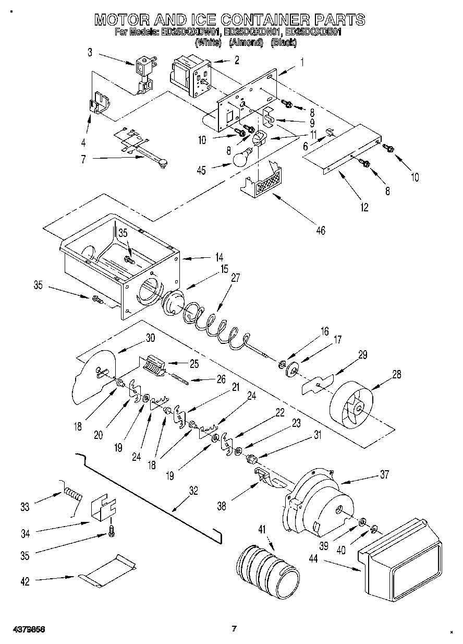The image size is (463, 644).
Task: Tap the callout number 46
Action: [x=321, y=230]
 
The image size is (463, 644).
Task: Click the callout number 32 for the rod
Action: [x=193, y=490]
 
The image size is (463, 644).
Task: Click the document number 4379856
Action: [x=26, y=629]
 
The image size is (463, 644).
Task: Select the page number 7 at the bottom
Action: [x=234, y=628]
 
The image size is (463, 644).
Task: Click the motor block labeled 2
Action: [x=190, y=76]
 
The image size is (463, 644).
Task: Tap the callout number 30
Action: [x=150, y=338]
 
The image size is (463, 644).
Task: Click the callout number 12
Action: [x=364, y=208]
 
